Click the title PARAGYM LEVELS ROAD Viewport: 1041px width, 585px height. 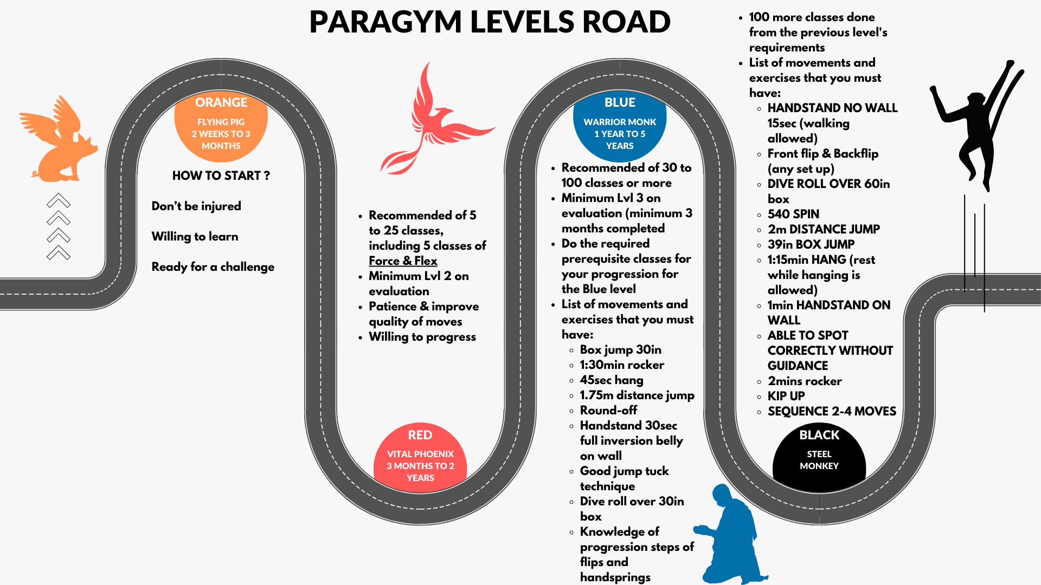click(x=490, y=22)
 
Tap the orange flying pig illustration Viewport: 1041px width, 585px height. click(x=58, y=139)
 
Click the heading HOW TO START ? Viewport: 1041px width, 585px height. click(x=221, y=175)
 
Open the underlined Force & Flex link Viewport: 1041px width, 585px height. click(x=403, y=261)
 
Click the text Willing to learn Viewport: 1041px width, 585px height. click(x=195, y=236)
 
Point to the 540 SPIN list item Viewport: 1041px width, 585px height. click(x=793, y=214)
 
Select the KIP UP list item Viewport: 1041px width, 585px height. click(x=786, y=396)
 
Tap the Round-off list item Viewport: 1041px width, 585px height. click(x=608, y=410)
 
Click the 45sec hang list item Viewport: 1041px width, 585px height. click(x=612, y=380)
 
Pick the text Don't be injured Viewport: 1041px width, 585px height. click(x=196, y=206)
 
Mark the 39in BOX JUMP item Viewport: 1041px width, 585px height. click(x=811, y=244)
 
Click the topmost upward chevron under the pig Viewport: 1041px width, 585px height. click(x=59, y=200)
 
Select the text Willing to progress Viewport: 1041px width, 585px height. click(x=422, y=336)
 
